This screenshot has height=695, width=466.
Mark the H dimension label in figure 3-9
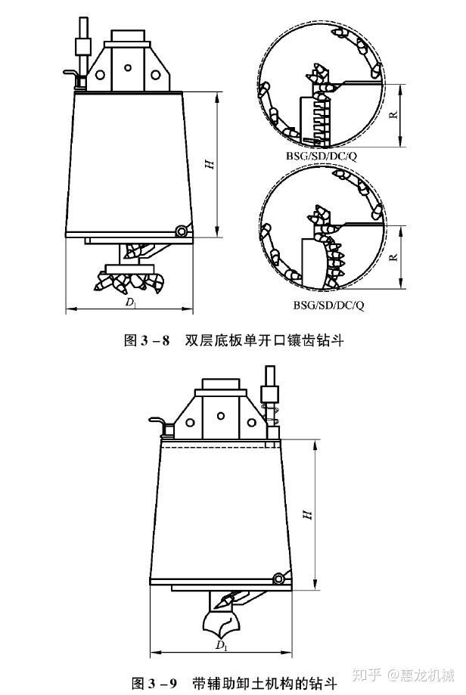(307, 513)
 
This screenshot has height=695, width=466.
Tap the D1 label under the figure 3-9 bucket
(221, 645)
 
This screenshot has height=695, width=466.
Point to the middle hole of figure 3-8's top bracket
(129, 68)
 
